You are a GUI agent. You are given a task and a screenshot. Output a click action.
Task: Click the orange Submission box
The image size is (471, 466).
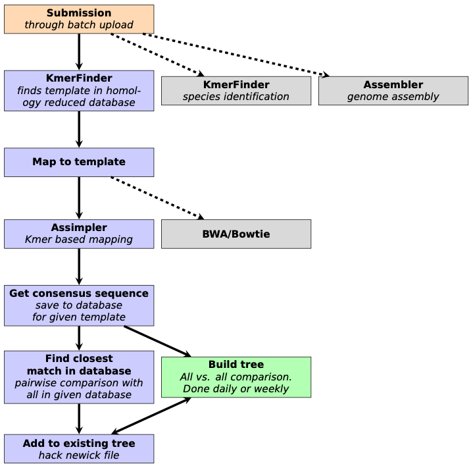click(79, 19)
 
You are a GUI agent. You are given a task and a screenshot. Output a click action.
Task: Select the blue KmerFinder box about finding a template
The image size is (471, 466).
click(79, 90)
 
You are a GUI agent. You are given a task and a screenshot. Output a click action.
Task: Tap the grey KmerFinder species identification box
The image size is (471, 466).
click(236, 90)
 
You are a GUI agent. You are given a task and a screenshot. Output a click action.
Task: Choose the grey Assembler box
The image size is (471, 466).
click(393, 90)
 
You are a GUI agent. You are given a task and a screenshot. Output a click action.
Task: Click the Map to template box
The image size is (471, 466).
click(79, 162)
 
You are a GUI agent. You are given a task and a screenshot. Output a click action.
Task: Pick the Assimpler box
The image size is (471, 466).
click(79, 234)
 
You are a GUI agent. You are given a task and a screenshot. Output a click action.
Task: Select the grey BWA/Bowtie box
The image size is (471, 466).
click(236, 234)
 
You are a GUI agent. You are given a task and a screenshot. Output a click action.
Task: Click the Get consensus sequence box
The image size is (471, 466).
click(79, 305)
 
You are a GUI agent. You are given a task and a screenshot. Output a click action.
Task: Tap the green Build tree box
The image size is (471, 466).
click(236, 377)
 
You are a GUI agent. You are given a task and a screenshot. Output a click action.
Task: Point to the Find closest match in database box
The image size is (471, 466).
click(79, 377)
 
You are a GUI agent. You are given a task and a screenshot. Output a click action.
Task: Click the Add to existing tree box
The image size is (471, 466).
click(79, 449)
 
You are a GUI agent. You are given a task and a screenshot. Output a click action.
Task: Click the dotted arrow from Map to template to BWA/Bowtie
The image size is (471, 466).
click(158, 197)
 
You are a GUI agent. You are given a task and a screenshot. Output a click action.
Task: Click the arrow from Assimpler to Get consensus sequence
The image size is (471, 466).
click(79, 267)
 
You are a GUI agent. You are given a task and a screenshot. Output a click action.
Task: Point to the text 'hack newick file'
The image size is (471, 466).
click(79, 455)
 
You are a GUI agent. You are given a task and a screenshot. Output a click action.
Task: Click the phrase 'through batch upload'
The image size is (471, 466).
click(79, 26)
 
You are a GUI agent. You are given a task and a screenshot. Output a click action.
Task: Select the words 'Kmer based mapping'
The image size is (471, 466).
click(79, 240)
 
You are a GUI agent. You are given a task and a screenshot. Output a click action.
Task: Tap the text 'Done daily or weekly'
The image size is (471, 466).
click(236, 389)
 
